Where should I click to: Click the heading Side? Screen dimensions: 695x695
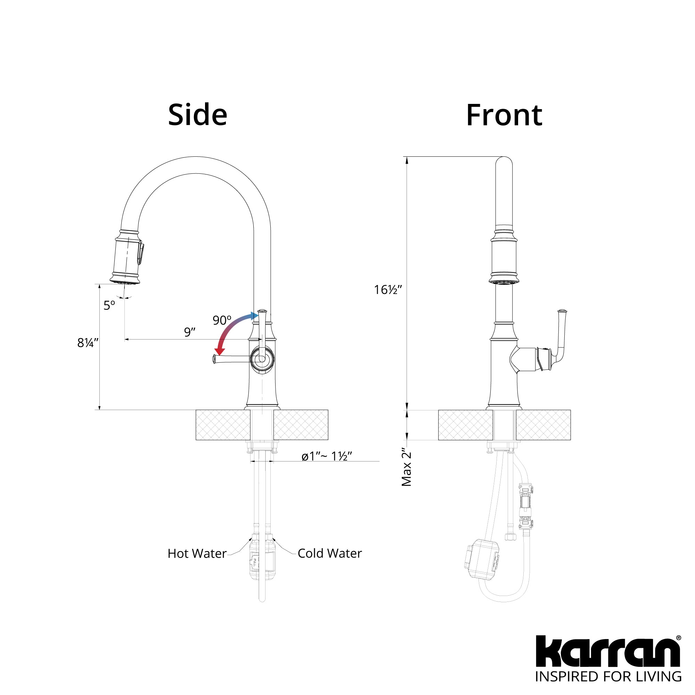197,115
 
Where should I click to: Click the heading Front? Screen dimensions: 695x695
504,115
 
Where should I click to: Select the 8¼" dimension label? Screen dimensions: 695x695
88,343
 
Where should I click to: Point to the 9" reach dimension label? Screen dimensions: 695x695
190,332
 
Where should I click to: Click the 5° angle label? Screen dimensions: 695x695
109,305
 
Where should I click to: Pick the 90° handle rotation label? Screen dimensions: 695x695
222,320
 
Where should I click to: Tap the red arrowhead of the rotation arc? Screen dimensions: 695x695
219,351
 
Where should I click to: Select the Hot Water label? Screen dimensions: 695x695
197,553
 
